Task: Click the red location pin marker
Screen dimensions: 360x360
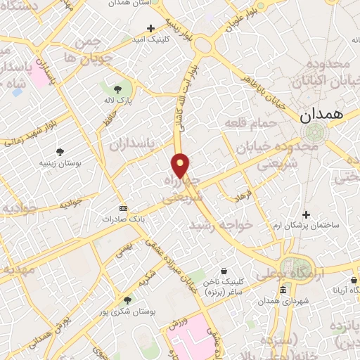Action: (x=181, y=165)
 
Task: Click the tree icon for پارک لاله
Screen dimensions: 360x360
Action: (x=117, y=89)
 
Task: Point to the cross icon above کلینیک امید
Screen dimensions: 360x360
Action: (x=150, y=29)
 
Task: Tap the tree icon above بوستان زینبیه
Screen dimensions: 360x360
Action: (x=60, y=151)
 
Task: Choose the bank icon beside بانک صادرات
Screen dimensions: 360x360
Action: (x=124, y=208)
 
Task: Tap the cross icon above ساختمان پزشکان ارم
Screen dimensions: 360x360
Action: (x=306, y=214)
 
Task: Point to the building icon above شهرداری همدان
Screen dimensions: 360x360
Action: (x=283, y=290)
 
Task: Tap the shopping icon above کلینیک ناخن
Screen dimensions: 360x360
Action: (x=224, y=271)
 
